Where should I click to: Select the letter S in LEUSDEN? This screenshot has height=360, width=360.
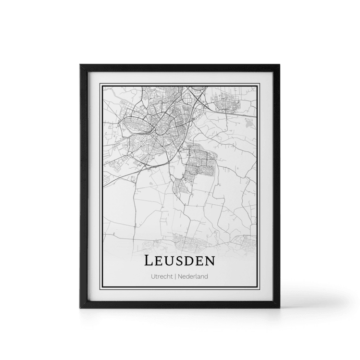pyautogui.click(x=182, y=261)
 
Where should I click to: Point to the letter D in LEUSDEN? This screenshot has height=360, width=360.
pyautogui.click(x=193, y=261)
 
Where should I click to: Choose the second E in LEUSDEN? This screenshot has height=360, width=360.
pyautogui.click(x=204, y=261)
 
